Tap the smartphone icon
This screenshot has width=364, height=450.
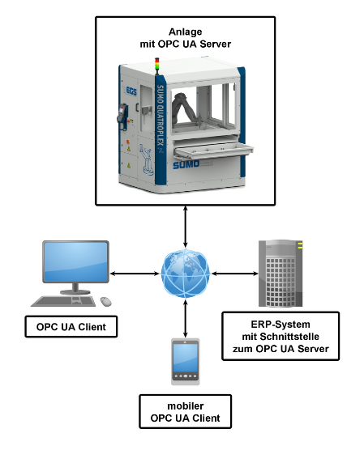click(x=186, y=361)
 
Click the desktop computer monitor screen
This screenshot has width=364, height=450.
click(x=75, y=263)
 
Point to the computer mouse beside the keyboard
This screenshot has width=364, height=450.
click(x=106, y=301)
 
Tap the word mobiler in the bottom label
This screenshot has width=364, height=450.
click(x=186, y=406)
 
